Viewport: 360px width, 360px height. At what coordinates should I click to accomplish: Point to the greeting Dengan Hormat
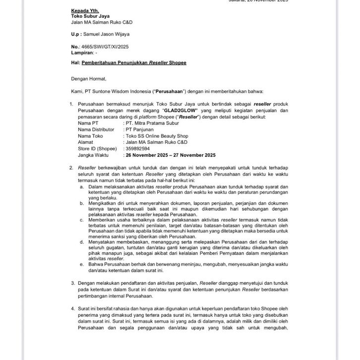pos(88,78)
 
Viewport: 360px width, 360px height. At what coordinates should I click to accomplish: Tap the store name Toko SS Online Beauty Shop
pos(157,135)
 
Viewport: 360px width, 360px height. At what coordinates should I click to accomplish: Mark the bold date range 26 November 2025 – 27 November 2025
pos(171,155)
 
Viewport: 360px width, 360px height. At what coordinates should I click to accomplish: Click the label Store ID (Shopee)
pos(97,148)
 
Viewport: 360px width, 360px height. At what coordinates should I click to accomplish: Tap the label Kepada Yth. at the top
pos(85,10)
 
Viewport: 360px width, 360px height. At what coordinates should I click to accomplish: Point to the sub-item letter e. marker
pos(81,265)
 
